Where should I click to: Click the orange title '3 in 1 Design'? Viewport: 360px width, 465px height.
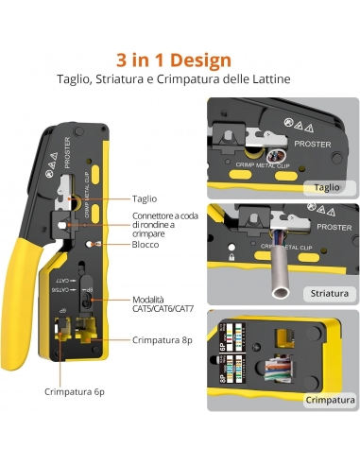[x=180, y=60]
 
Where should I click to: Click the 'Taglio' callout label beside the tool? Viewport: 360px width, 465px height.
[x=145, y=198]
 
